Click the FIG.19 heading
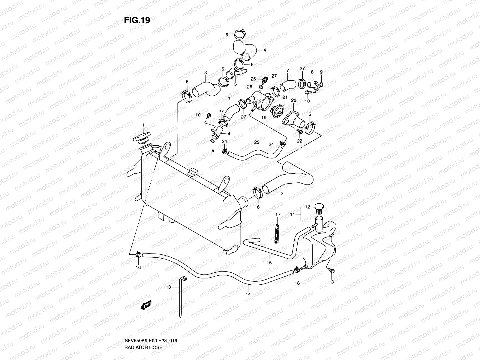pos(137,20)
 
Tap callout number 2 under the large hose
pos(282,193)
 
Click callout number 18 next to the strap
pos(168,287)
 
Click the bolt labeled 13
pos(331,271)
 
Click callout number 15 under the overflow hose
pos(269,262)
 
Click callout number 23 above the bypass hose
pos(256,142)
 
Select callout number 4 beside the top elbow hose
pos(265,50)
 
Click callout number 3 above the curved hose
pos(205,73)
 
